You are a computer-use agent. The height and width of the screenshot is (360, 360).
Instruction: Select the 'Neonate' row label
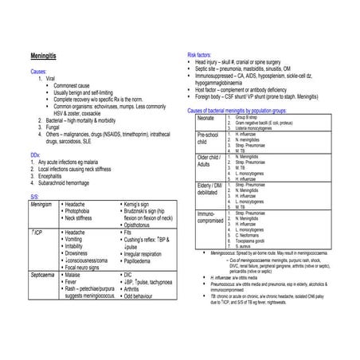coord(206,118)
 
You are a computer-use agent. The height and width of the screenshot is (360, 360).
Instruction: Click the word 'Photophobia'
coord(83,211)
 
